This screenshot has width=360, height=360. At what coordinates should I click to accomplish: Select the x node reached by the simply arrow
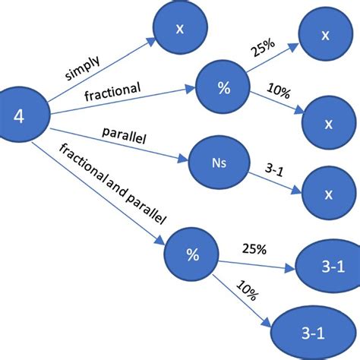click(179, 29)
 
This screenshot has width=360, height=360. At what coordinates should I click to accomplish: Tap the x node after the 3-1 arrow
click(328, 194)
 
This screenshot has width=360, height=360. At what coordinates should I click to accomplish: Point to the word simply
click(83, 68)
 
